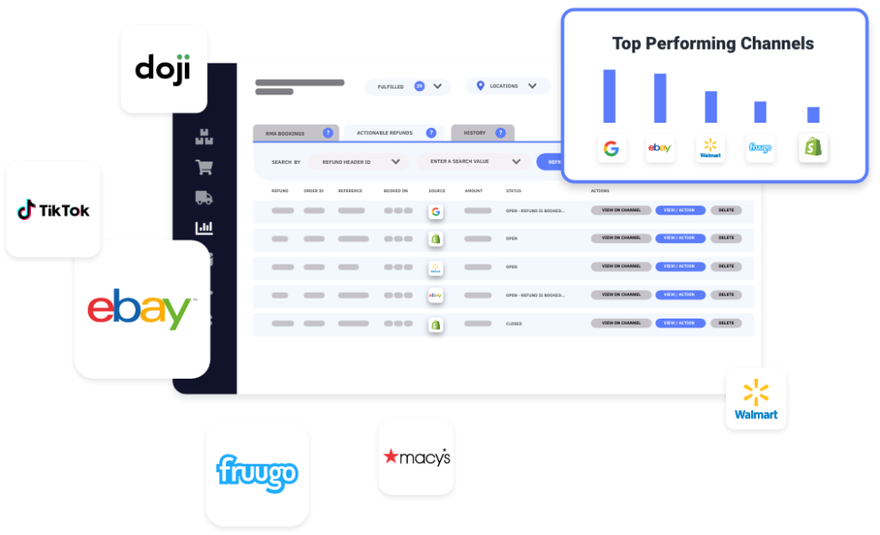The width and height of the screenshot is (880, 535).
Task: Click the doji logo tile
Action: pyautogui.click(x=163, y=69)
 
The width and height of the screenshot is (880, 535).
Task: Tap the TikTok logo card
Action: pyautogui.click(x=53, y=210)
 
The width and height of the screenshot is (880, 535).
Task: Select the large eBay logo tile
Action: pyautogui.click(x=142, y=309)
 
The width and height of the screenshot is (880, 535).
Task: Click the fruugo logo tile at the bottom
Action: pyautogui.click(x=257, y=473)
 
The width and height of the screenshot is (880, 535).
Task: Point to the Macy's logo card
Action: pyautogui.click(x=416, y=457)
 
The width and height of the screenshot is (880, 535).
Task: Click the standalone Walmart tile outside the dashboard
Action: pyautogui.click(x=755, y=399)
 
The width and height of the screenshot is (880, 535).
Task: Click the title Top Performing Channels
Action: pyautogui.click(x=712, y=43)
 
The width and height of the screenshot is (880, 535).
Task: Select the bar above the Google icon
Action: pyautogui.click(x=609, y=96)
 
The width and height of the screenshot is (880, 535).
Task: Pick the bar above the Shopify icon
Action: pyautogui.click(x=813, y=114)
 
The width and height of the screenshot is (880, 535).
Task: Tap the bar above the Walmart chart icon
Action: pyautogui.click(x=711, y=106)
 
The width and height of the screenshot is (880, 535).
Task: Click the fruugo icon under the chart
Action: pyautogui.click(x=760, y=148)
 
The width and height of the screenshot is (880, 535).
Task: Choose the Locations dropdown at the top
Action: pyautogui.click(x=508, y=86)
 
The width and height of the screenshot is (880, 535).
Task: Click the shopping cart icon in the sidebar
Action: pyautogui.click(x=204, y=167)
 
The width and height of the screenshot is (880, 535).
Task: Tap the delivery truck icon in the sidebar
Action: pyautogui.click(x=204, y=198)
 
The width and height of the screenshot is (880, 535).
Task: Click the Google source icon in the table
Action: pyautogui.click(x=436, y=210)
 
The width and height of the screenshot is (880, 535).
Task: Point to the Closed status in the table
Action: pyautogui.click(x=514, y=324)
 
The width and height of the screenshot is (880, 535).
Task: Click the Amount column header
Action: pyautogui.click(x=474, y=191)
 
